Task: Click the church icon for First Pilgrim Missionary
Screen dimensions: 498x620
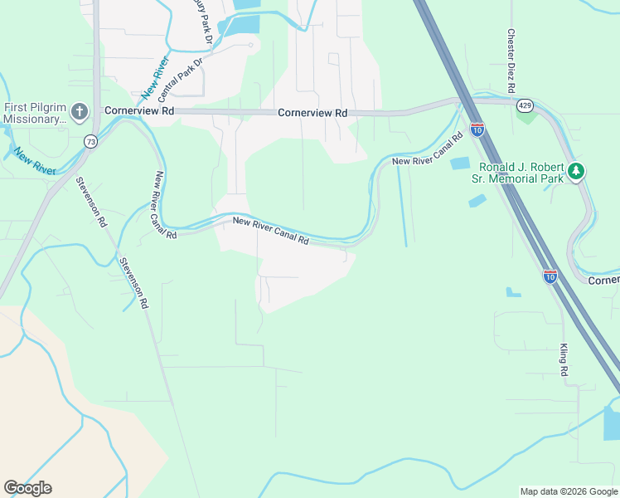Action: point(79,111)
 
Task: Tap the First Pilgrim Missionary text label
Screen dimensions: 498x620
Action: point(35,113)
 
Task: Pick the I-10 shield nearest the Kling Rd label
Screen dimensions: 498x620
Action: point(550,276)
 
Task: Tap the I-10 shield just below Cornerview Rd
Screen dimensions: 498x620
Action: point(477,129)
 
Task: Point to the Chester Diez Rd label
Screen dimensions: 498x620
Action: point(512,63)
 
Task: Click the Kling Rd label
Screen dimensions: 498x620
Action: point(564,360)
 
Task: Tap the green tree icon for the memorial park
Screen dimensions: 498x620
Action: point(576,172)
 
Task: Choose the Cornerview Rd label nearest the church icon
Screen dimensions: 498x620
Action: point(139,110)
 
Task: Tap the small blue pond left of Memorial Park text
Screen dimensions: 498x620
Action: point(460,164)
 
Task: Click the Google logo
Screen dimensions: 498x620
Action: point(27,488)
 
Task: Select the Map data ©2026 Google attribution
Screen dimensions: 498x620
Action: point(568,491)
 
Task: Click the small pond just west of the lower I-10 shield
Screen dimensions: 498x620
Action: point(514,292)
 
